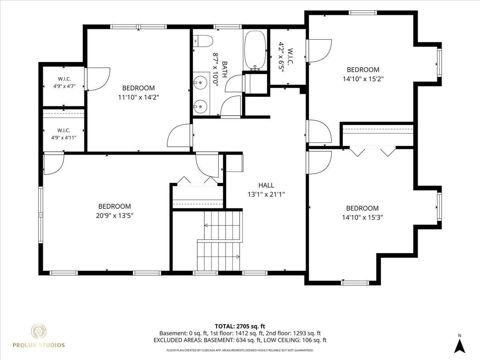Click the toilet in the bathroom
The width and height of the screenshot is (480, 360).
203,41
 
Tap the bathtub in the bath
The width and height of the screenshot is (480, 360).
255,50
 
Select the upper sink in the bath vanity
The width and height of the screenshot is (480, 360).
200,83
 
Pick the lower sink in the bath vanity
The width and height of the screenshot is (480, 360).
200,106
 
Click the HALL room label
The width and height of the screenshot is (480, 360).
266,185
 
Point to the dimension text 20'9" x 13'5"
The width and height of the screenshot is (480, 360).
114,216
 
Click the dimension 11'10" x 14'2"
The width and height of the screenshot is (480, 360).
138,97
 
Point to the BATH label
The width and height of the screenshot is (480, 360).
224,70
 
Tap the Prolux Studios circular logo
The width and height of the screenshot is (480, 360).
38,332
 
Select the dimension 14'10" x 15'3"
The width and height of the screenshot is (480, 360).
362,218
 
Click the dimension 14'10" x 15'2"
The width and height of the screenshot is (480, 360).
363,79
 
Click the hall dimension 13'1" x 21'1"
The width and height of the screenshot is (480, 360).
266,194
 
